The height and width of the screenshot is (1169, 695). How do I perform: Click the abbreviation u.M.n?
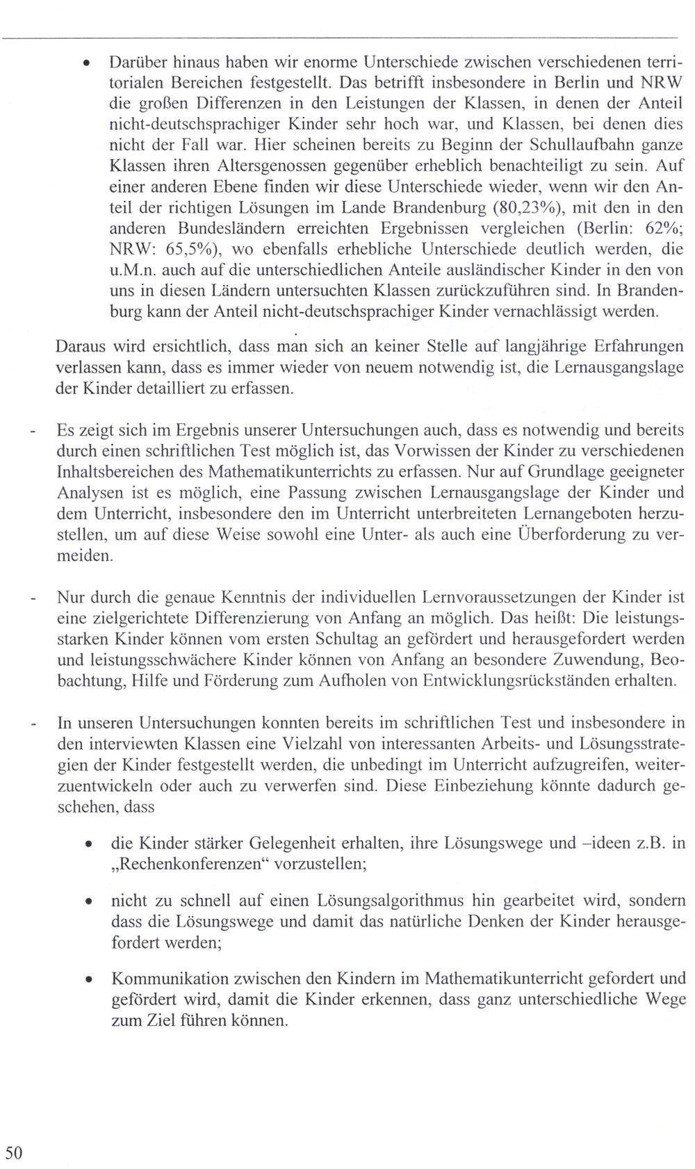click(x=133, y=270)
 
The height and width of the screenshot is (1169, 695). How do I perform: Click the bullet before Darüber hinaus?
click(x=85, y=63)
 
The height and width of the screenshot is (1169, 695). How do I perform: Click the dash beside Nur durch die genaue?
click(x=32, y=597)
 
